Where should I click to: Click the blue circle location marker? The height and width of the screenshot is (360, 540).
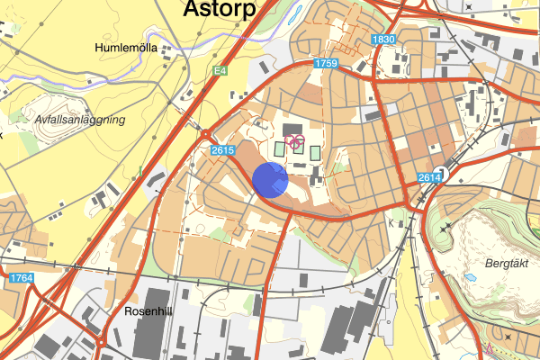[x=270, y=180]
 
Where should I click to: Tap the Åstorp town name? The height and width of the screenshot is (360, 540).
[x=219, y=9]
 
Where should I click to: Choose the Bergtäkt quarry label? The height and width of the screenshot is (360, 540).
[x=505, y=265]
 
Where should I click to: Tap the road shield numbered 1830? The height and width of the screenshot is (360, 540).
[x=383, y=40]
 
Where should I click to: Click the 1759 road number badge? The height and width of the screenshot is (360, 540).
[x=326, y=64]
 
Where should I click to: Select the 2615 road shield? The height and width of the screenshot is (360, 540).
[x=222, y=150]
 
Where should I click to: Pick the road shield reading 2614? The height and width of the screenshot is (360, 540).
[x=429, y=179]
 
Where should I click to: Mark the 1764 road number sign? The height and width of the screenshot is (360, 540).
[x=22, y=279]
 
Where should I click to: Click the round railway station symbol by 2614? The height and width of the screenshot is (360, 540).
[x=440, y=173]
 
